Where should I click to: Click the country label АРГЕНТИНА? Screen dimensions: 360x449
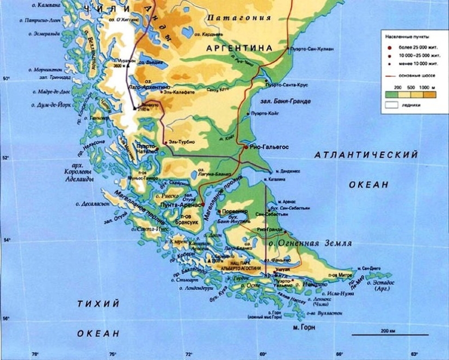click(x=239, y=48)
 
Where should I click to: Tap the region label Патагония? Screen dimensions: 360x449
click(x=238, y=18)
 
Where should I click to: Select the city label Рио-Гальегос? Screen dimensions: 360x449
click(x=268, y=147)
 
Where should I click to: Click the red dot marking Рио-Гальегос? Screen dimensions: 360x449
click(x=246, y=147)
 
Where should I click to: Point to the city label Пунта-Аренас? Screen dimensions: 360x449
click(x=180, y=204)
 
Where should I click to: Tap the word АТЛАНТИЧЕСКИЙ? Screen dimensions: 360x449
click(x=367, y=156)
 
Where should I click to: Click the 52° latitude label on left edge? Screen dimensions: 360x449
click(x=6, y=159)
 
